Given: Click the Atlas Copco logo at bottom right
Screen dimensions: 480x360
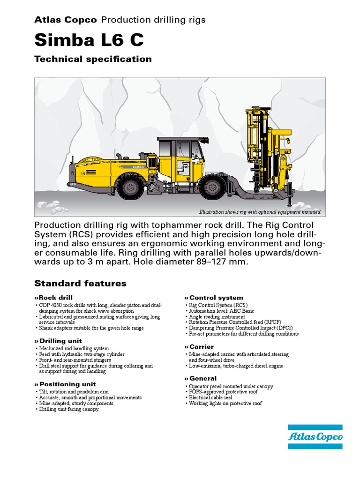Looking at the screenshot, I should point(315,437).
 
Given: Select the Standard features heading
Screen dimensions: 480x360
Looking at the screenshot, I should point(80,284).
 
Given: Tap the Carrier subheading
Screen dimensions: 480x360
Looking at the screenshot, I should point(201,346).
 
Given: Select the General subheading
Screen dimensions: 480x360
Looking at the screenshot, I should point(202,378).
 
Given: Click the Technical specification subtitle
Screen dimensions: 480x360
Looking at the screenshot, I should point(93,59).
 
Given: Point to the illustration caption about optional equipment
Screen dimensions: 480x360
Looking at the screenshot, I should point(260,212).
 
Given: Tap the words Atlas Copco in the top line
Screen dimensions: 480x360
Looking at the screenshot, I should point(66,20).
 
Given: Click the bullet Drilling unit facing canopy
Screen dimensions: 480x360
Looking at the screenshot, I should point(68,409).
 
